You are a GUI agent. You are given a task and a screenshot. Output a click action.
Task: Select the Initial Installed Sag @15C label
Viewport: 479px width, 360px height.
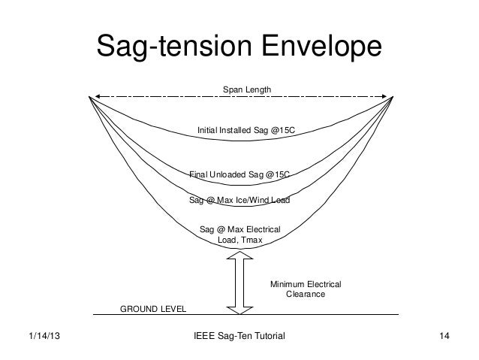pyautogui.click(x=246, y=131)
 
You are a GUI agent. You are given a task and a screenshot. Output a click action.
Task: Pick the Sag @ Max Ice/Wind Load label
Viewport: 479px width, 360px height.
pyautogui.click(x=239, y=200)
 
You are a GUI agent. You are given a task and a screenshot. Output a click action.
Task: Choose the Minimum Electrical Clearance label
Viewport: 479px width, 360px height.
pyautogui.click(x=306, y=289)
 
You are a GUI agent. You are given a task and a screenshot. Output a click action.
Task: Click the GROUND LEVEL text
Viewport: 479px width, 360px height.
pyautogui.click(x=153, y=309)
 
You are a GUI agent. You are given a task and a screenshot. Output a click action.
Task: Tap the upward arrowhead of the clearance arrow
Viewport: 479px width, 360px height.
pyautogui.click(x=238, y=257)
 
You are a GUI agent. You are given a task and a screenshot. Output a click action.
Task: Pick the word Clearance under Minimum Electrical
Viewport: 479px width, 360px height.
pyautogui.click(x=306, y=295)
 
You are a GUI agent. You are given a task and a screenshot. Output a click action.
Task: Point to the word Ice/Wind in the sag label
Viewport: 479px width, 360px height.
pyautogui.click(x=251, y=200)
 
